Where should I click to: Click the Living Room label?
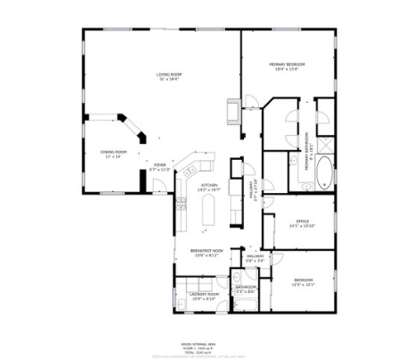(x=168, y=73)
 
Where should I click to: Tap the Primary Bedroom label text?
(x=288, y=64)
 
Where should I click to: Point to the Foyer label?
(x=159, y=164)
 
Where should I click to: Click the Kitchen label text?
(x=209, y=185)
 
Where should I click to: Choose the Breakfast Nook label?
(x=205, y=251)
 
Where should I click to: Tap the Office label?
(x=303, y=222)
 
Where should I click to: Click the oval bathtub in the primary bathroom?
(x=322, y=172)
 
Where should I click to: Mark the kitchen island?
(x=212, y=212)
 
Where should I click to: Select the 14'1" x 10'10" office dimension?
(x=303, y=227)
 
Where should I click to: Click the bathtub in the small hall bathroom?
(x=245, y=303)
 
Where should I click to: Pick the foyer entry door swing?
(x=158, y=185)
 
